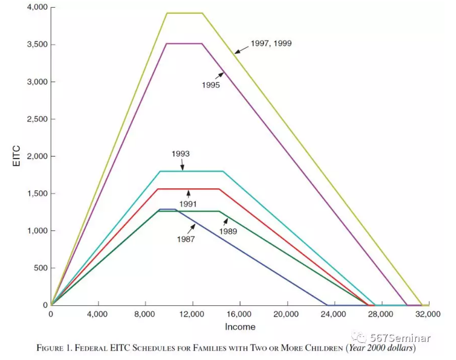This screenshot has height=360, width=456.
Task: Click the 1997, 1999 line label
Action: point(271,44)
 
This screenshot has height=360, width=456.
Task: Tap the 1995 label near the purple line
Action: point(211,85)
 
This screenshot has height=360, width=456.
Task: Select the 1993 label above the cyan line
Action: point(180,153)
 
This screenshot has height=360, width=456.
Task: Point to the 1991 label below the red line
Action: point(188,204)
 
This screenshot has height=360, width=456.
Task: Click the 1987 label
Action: point(186,239)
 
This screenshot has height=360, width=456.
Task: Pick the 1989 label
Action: point(228,232)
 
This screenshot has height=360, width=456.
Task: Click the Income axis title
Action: point(240,327)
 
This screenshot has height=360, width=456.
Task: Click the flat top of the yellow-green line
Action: point(185,13)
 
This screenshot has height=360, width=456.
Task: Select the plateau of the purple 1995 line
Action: point(184,44)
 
